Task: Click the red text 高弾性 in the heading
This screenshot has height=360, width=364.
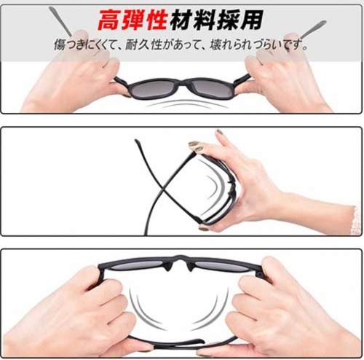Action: point(132,20)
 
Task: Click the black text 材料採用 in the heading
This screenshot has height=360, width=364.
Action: point(216,20)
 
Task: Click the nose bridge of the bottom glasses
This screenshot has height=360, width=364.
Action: point(180,259)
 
